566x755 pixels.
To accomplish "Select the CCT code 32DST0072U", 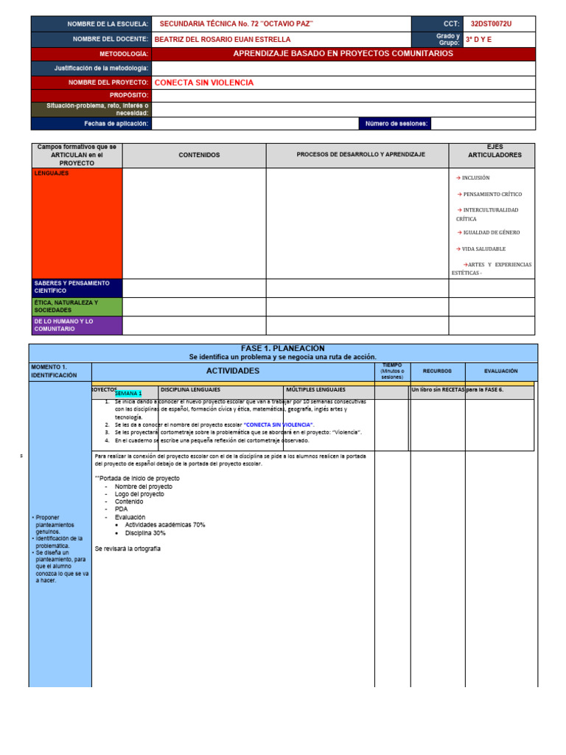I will pyautogui.click(x=491, y=24).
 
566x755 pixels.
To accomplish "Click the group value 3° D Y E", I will pyautogui.click(x=479, y=39).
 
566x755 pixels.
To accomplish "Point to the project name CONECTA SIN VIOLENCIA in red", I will pyautogui.click(x=203, y=83).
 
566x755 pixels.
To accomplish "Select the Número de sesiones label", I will pyautogui.click(x=396, y=124).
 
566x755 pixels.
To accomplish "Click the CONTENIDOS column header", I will pyautogui.click(x=199, y=156).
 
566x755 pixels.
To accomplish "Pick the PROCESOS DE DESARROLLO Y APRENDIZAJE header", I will pyautogui.click(x=360, y=155).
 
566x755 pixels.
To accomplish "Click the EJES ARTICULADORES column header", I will pyautogui.click(x=495, y=151).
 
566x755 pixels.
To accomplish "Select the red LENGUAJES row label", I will pyautogui.click(x=52, y=173).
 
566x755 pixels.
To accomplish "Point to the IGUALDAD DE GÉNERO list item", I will pyautogui.click(x=489, y=232).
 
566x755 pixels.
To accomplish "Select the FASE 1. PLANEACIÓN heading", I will pyautogui.click(x=283, y=348).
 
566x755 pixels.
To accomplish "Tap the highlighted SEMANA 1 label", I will pyautogui.click(x=128, y=394).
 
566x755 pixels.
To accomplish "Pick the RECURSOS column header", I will pyautogui.click(x=437, y=372).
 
